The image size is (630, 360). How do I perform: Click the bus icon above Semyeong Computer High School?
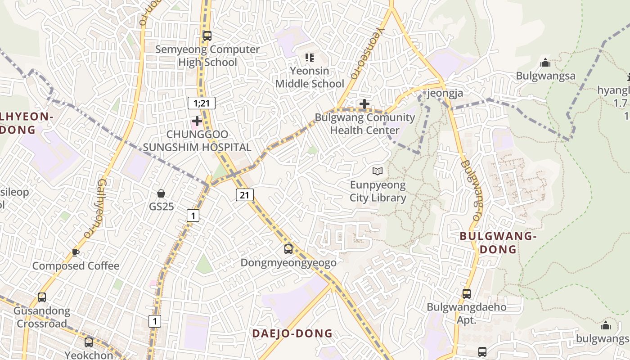tap(207, 36)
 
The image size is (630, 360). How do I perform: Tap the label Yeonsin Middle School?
tap(310, 77)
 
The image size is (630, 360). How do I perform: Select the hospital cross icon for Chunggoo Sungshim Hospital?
tap(197, 121)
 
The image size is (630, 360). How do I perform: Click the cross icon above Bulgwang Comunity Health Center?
tap(364, 104)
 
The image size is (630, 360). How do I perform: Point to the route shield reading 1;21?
tap(202, 103)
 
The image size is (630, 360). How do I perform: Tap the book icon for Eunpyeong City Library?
tap(378, 171)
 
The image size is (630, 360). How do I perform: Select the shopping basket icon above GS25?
tap(161, 193)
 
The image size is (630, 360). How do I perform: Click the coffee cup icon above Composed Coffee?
tap(76, 252)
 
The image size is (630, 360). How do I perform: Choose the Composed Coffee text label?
tap(76, 266)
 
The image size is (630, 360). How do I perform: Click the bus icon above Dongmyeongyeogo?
tap(288, 249)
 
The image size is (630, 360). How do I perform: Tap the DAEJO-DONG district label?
tap(292, 333)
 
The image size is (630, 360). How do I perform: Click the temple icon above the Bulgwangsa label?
tap(545, 63)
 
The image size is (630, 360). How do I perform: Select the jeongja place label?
tap(445, 93)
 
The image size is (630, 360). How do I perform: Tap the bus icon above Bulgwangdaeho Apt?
tap(467, 294)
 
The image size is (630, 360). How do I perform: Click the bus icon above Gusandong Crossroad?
tap(42, 297)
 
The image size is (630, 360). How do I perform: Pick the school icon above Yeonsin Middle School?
tap(309, 57)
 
